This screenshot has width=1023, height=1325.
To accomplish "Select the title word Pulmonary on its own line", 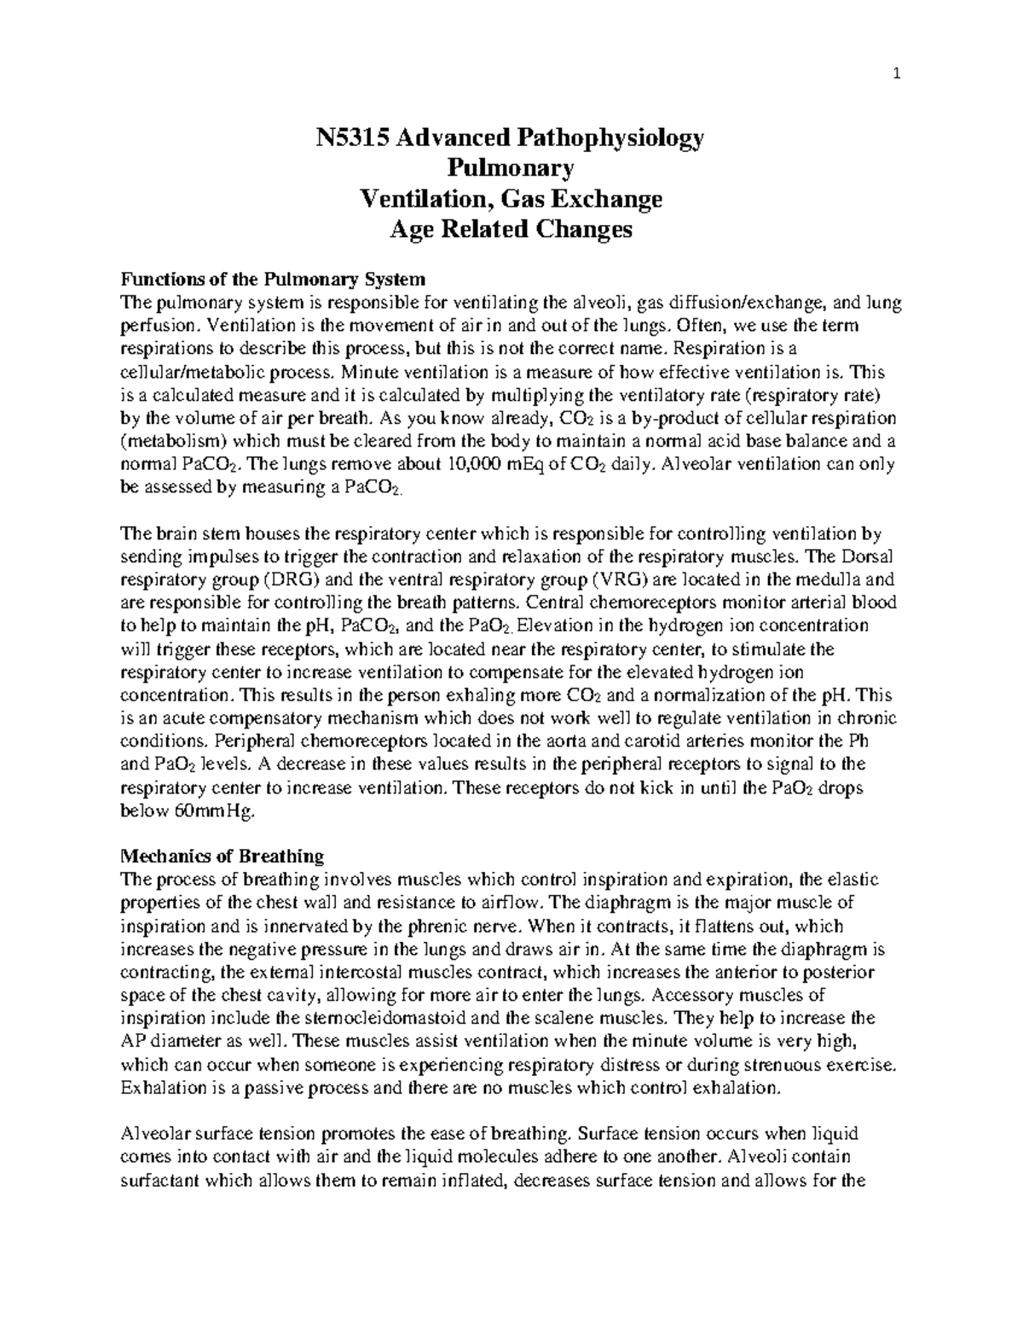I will tap(511, 168).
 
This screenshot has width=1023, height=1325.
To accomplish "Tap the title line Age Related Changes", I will tap(511, 230).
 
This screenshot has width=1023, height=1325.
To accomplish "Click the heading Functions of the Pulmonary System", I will tap(273, 279).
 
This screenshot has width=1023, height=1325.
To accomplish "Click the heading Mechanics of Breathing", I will tap(223, 856).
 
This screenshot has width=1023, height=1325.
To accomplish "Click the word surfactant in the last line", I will tap(157, 1181).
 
